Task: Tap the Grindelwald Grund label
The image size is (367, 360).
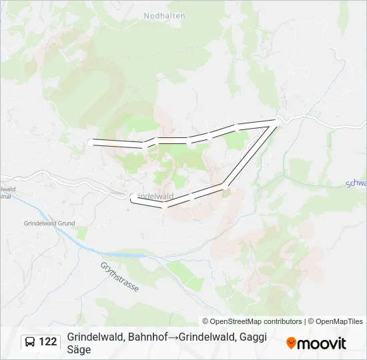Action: pos(49,223)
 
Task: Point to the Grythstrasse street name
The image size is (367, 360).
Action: pos(119,277)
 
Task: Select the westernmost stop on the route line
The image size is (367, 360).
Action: pos(91,141)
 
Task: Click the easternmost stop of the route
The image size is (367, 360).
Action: pos(278,120)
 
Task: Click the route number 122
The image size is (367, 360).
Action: pos(47,342)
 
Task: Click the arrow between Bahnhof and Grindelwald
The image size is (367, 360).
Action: pos(172,337)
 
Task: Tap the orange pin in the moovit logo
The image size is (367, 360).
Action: pos(291,343)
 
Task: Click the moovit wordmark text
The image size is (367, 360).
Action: pos(321,343)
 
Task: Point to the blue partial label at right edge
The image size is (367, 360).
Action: pos(356,183)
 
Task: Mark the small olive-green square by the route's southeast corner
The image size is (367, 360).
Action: pos(226,193)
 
